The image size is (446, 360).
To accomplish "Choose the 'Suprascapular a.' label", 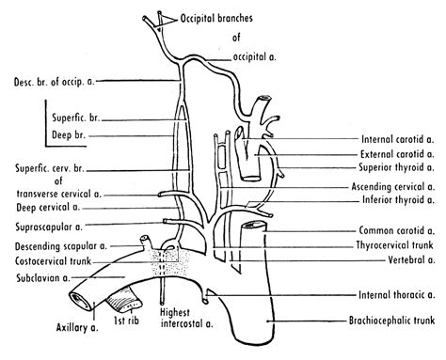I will point(45,226).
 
